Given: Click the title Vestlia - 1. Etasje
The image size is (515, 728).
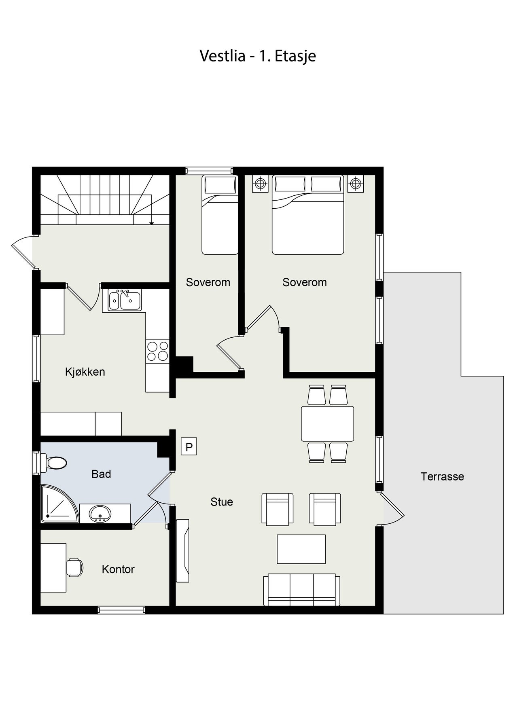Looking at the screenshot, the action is [258, 56].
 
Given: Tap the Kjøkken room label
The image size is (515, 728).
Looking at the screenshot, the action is [85, 372].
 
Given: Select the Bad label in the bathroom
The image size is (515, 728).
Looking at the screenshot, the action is [101, 474].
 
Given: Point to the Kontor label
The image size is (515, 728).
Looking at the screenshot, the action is [118, 569].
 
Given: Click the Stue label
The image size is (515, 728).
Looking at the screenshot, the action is [222, 502].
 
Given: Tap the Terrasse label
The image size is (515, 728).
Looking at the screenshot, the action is [442, 476].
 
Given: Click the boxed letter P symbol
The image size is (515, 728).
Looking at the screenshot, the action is [189, 447].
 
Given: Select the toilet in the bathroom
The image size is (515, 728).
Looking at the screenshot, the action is [53, 463].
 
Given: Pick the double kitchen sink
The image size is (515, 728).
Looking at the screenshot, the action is [124, 300].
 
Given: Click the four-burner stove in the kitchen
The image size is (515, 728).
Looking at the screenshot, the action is [158, 351].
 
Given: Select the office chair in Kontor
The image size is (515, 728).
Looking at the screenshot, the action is [75, 567].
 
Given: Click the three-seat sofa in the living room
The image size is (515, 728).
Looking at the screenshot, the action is [302, 590].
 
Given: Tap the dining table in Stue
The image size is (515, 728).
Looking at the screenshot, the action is [328, 423].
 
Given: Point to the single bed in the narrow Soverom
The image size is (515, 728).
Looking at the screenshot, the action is [220, 215].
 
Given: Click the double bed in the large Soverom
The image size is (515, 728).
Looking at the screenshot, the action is [308, 215].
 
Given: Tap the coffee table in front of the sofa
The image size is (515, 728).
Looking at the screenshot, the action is [301, 549].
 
